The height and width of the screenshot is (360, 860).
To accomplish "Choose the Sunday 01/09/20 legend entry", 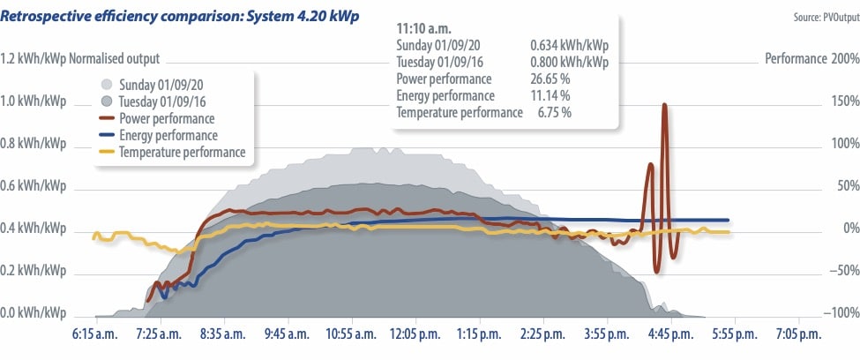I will (x=159, y=85).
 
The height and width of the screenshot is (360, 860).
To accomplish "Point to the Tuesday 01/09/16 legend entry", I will (x=161, y=101).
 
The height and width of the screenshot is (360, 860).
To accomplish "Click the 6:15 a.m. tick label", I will (x=94, y=335).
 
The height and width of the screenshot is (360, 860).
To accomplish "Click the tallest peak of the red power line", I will (x=664, y=105).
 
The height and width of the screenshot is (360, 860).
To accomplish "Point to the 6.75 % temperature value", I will (x=554, y=112).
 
